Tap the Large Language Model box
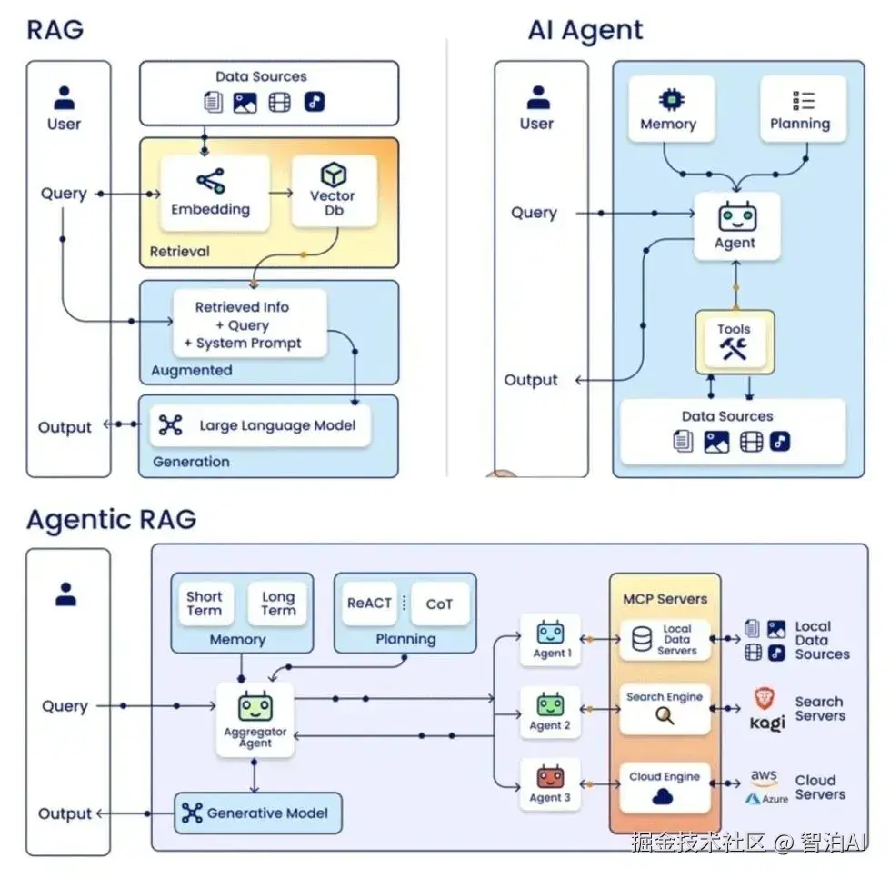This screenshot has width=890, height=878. click(x=261, y=425)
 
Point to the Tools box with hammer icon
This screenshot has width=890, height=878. click(x=734, y=342)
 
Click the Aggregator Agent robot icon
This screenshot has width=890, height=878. click(x=255, y=706)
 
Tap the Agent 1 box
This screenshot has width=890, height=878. click(x=550, y=640)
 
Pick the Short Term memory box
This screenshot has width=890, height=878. click(x=205, y=604)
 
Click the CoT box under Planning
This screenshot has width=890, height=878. click(x=439, y=604)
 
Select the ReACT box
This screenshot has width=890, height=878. click(x=369, y=604)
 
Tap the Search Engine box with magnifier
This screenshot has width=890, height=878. click(x=665, y=708)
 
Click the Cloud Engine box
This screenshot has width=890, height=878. click(x=665, y=787)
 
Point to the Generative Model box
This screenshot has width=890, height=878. click(x=258, y=813)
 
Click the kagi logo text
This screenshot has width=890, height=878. click(x=767, y=723)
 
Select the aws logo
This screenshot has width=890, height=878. click(x=764, y=779)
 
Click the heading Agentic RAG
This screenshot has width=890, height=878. click(x=111, y=520)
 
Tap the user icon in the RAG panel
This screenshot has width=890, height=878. click(x=65, y=96)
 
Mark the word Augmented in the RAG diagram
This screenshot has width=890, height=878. click(x=192, y=370)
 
